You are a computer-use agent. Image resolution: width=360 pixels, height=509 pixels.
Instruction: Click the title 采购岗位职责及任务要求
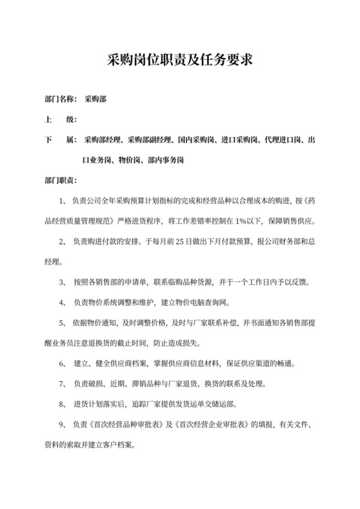coord(180,61)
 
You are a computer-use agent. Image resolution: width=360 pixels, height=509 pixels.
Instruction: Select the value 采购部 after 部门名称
coord(95,100)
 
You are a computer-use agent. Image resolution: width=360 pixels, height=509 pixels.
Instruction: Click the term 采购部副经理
coord(150,139)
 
